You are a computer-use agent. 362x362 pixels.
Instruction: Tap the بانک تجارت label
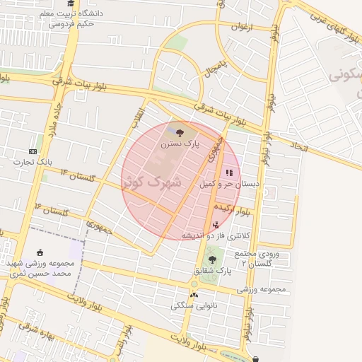tap(36, 163)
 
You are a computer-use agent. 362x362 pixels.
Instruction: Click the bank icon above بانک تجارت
tap(33, 151)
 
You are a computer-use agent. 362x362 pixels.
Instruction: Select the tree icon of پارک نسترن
tap(179, 131)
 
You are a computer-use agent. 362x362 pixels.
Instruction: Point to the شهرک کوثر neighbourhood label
tap(151, 182)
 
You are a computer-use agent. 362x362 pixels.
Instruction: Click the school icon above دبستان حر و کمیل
tap(228, 172)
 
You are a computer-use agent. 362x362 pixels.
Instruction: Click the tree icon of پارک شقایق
tap(213, 260)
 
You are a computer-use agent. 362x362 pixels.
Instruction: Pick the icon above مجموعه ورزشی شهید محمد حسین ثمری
tap(40, 252)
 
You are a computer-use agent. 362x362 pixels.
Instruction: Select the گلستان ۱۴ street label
tap(78, 175)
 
